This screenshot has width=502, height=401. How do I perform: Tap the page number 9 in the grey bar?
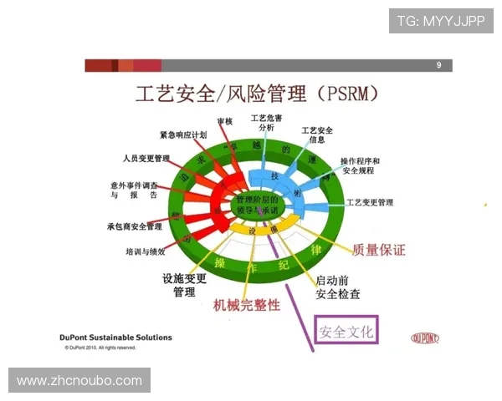439,65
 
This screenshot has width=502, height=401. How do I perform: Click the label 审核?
224,122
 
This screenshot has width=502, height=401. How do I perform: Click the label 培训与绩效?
151,251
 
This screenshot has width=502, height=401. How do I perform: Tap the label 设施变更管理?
184,286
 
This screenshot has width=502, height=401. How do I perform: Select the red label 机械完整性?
248,306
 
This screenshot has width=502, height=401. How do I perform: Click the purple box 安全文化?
346,331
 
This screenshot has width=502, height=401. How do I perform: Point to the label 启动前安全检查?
338,287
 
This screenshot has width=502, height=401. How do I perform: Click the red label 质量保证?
379,249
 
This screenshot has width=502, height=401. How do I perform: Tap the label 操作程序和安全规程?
360,165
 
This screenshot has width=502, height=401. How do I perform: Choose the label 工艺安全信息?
317,135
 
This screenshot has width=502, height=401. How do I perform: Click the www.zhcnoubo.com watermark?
79,381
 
